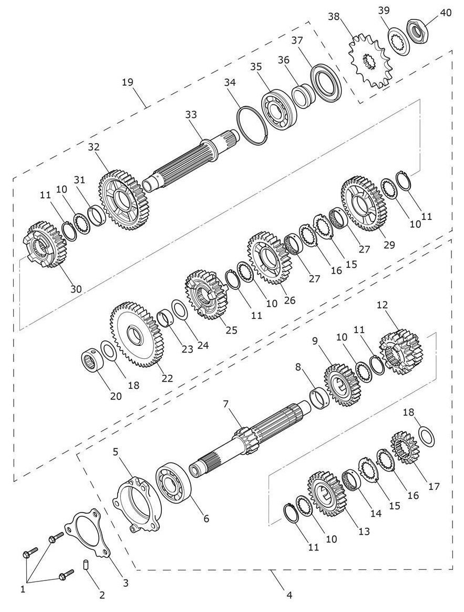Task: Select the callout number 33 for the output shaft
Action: point(191,115)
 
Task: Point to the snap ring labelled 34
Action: point(253,126)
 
